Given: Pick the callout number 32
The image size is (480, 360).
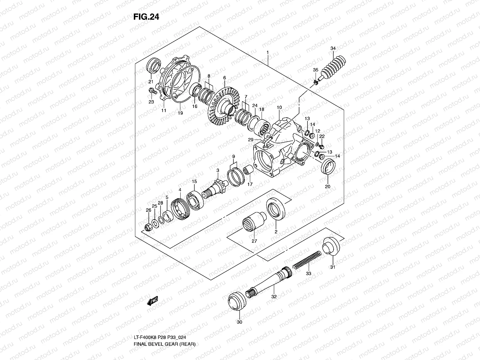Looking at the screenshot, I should pos(274,296).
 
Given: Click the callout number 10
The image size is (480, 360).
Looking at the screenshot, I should pos(279,107).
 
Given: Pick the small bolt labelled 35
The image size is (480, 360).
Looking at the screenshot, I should pos(316,82).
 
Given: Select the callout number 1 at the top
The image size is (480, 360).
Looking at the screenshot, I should pos(268,52).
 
